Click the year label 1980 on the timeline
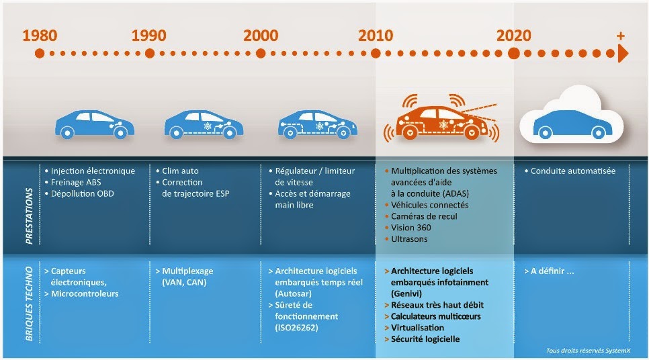pyautogui.click(x=40, y=36)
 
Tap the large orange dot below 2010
pyautogui.click(x=376, y=53)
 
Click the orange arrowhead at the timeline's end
pyautogui.click(x=623, y=53)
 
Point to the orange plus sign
pyautogui.click(x=620, y=36)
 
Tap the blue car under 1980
pyautogui.click(x=90, y=124)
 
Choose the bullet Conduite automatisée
pyautogui.click(x=572, y=171)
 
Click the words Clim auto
pyautogui.click(x=181, y=171)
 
